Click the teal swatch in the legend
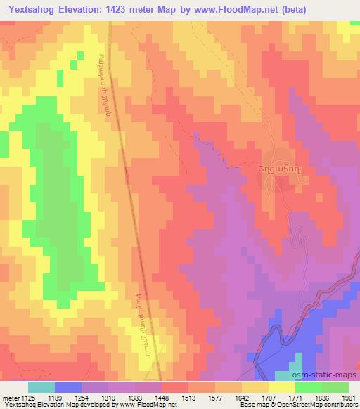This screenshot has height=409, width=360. pos(41,387)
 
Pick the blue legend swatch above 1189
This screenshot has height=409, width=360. pos(68,387)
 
